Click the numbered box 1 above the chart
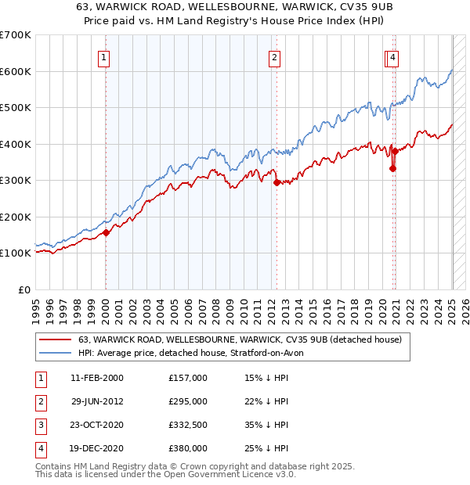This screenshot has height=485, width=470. pos(104,56)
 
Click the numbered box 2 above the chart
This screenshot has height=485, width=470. pos(275,56)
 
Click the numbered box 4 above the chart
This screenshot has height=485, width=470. pos(392,56)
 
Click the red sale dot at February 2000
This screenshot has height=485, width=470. pos(106,232)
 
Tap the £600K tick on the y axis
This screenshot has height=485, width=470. pos(16,71)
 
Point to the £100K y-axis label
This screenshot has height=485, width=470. pos(16,253)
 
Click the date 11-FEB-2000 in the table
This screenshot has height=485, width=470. pos(96,378)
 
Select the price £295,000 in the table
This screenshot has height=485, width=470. pos(187,401)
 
